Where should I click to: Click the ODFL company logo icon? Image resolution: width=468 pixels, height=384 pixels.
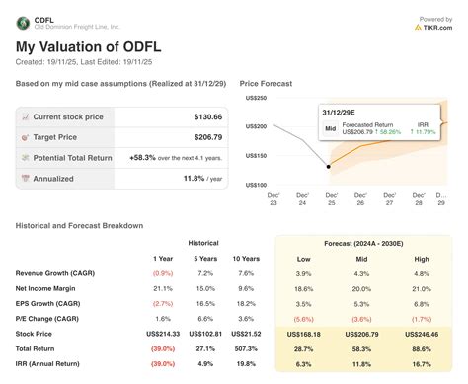coord(24,21)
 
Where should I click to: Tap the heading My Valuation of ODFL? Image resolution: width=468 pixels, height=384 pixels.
coord(88,47)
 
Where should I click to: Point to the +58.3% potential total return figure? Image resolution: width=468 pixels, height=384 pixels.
coord(145,158)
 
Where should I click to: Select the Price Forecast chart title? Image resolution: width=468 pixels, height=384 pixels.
coord(266,85)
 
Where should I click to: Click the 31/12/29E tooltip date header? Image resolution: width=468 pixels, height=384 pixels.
coord(341,113)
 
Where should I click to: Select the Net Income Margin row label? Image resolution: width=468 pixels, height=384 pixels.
coord(50,288)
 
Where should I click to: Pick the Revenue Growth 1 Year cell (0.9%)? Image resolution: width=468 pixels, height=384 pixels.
coord(162,272)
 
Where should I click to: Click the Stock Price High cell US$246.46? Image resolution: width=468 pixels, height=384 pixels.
coord(423,336)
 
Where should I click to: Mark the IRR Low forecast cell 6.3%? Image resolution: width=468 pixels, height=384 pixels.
coord(304,365)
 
